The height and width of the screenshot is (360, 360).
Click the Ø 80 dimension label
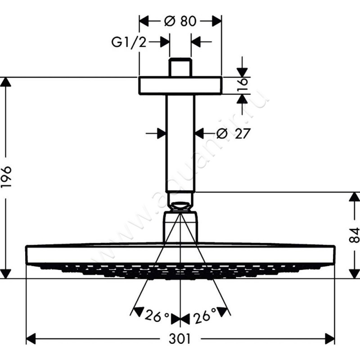tap(180, 21)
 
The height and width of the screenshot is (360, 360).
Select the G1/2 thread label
tap(129, 42)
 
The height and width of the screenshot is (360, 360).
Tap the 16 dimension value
tap(243, 85)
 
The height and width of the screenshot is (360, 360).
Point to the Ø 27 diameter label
tap(233, 133)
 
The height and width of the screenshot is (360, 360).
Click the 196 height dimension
tap(6, 176)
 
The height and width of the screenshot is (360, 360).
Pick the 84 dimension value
tap(354, 235)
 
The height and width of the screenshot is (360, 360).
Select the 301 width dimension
tap(180, 339)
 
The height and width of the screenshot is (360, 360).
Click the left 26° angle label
tap(157, 316)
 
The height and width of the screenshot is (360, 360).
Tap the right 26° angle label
tap(205, 315)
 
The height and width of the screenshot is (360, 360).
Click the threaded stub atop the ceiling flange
tap(180, 67)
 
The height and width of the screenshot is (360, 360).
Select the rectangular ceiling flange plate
tap(180, 85)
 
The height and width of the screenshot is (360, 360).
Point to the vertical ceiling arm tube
tap(180, 143)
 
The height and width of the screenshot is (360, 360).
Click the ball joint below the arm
tap(180, 206)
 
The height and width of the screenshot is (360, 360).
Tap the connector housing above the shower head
tap(180, 227)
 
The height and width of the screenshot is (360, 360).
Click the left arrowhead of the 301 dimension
tap(31, 339)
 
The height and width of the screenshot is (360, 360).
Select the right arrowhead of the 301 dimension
tap(330, 339)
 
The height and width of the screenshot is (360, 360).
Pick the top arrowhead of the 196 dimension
tap(5, 82)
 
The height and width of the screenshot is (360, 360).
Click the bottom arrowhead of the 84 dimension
tap(354, 274)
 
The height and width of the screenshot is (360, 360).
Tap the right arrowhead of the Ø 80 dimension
tap(217, 21)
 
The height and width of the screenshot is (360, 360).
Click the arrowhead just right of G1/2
tap(165, 42)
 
